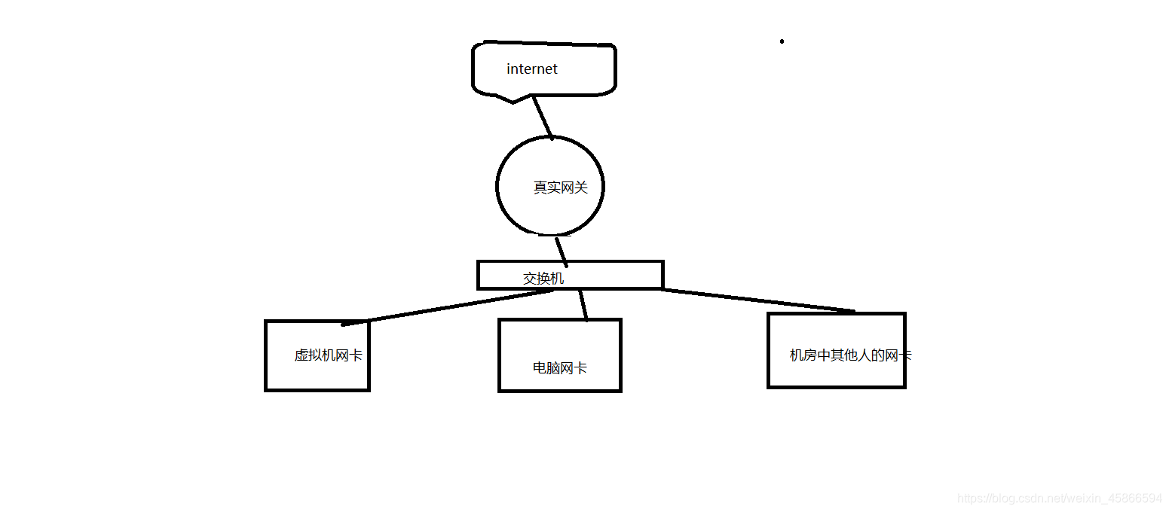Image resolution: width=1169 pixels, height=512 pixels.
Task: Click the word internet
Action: coord(532,69)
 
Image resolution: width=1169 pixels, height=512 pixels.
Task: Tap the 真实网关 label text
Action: coord(560,187)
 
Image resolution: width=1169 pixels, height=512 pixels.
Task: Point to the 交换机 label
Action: coord(543,279)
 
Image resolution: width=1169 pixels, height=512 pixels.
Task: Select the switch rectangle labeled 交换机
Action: coord(618,275)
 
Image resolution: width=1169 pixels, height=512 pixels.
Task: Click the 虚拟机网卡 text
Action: coord(328,355)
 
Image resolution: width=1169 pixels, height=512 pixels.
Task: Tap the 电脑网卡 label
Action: coord(559,368)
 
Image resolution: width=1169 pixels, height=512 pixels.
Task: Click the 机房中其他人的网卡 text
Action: coord(849,355)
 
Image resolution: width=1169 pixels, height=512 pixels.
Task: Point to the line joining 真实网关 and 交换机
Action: coord(562,251)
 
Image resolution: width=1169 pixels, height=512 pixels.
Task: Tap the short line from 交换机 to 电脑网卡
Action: coord(582,304)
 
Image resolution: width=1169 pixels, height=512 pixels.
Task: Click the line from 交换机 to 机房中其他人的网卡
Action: coord(757,300)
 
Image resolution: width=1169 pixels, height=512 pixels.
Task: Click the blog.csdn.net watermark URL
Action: coord(1059,498)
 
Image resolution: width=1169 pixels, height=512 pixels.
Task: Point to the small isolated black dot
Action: coord(782,41)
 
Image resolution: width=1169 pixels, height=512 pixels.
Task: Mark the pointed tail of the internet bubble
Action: coord(513,101)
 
